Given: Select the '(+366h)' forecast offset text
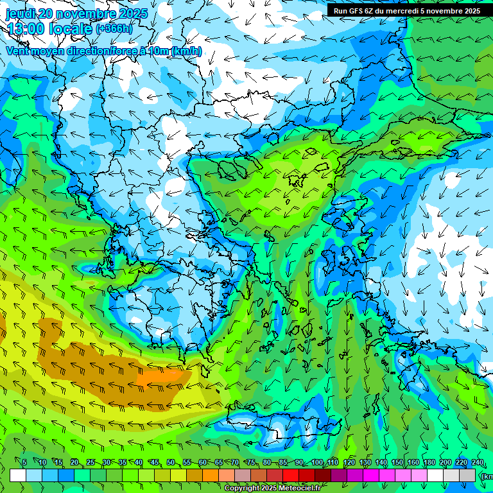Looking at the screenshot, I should [114, 29].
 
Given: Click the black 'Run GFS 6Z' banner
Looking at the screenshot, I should [406, 11].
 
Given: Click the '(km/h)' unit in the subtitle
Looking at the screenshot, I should [186, 51].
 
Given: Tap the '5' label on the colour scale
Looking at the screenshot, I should [24, 462].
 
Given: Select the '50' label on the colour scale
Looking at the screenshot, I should [171, 462].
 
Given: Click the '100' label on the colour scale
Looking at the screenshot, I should [317, 462].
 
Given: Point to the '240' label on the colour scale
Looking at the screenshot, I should [478, 462].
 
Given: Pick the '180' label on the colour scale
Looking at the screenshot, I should [428, 462].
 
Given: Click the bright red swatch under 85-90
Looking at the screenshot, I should [291, 475].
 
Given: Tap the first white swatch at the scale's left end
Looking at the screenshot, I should [18, 475].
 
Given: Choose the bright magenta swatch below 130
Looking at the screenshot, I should [371, 475].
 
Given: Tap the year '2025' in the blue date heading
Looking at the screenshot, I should [133, 13].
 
